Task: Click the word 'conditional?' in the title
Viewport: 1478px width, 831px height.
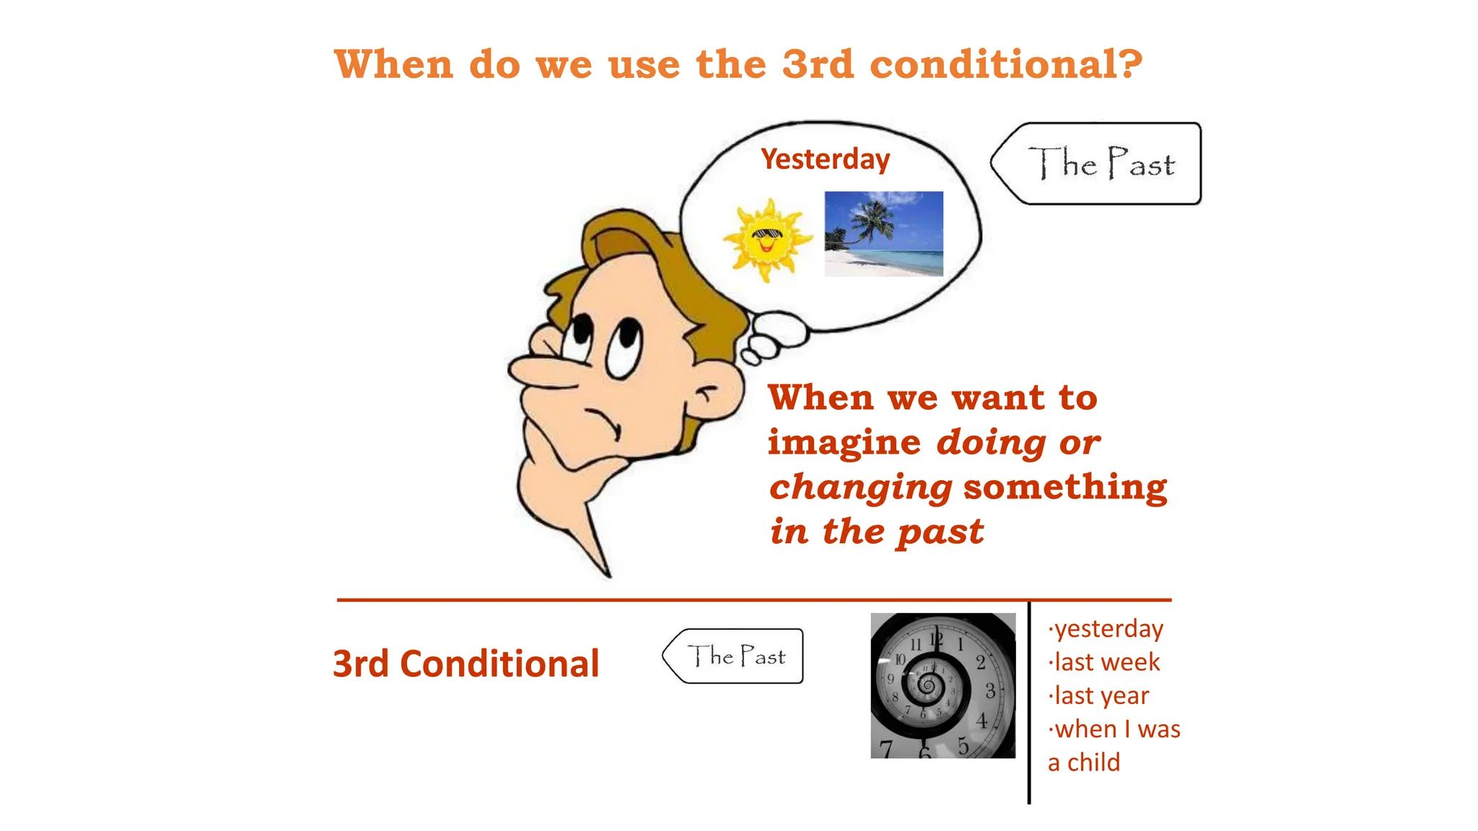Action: click(x=1006, y=65)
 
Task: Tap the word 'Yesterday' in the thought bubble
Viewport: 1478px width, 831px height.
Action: click(x=825, y=159)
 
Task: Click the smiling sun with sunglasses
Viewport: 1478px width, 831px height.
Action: click(x=767, y=239)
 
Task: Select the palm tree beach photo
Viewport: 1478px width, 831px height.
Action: click(x=883, y=233)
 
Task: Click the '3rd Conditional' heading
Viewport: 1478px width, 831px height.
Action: click(x=465, y=664)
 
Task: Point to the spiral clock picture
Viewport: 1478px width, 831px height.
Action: click(x=943, y=685)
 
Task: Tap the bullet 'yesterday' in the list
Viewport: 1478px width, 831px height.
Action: click(x=1108, y=629)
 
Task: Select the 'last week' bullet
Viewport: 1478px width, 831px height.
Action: click(x=1106, y=662)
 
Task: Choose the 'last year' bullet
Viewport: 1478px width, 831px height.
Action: click(x=1101, y=696)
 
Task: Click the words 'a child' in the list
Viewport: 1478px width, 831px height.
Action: click(x=1084, y=762)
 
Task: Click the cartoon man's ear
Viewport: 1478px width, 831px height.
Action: click(x=714, y=393)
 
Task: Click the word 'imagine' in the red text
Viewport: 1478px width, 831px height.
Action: click(x=844, y=443)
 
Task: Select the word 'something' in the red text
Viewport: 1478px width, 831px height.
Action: click(x=1065, y=488)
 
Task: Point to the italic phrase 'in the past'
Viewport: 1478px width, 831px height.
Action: click(x=876, y=532)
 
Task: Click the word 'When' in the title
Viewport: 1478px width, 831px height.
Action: click(x=394, y=65)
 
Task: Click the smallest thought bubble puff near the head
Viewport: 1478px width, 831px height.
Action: click(x=751, y=357)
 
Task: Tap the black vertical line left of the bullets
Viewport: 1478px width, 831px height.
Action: click(x=1028, y=703)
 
